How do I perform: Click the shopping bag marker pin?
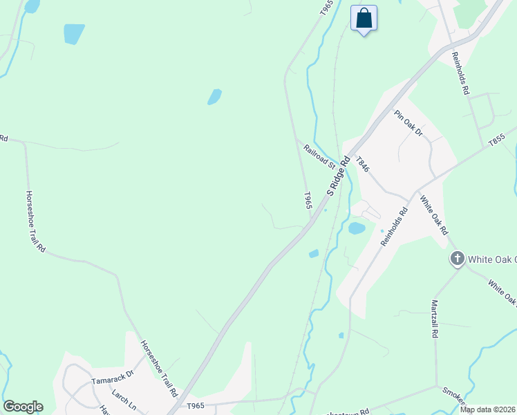pos(364,18)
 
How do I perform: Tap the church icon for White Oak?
pos(457,259)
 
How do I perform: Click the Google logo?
pos(23,407)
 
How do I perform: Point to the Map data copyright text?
pos(488,409)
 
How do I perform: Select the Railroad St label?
pos(319,156)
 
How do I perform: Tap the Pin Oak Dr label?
pos(408,122)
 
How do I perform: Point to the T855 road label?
pos(497,139)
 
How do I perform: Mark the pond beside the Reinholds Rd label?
pos(357,228)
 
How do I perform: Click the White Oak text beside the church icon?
pos(492,259)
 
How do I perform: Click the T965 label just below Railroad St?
pos(308,201)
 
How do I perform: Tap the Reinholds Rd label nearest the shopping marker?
pos(461,72)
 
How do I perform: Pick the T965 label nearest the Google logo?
pos(196,406)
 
